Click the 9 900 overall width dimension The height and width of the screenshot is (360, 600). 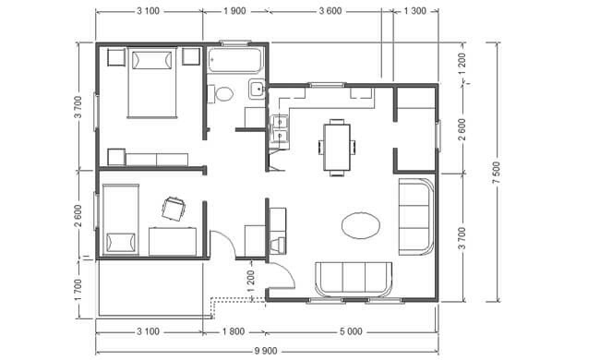click(x=266, y=351)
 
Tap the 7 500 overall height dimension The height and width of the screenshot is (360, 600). click(x=497, y=173)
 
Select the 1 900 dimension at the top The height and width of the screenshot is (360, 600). click(x=234, y=11)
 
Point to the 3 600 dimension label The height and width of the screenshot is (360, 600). click(x=330, y=11)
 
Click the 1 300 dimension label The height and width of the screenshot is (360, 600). click(x=415, y=11)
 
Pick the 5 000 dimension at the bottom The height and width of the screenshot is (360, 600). click(x=351, y=331)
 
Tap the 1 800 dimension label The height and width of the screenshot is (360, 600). click(x=234, y=331)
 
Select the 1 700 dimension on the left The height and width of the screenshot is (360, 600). click(x=78, y=290)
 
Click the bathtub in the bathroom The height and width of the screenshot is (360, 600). click(x=235, y=60)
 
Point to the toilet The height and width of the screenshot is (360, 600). click(x=221, y=94)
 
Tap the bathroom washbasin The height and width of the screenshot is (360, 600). click(x=257, y=90)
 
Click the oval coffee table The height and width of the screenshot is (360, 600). click(x=361, y=226)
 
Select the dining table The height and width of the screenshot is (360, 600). click(x=337, y=148)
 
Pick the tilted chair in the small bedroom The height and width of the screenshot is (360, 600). click(x=174, y=209)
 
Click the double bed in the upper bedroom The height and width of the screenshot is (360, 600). click(x=152, y=82)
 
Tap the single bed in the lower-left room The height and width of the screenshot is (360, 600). click(x=121, y=220)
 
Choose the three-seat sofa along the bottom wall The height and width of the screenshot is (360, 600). click(x=354, y=280)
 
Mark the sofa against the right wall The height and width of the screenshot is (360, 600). click(x=416, y=217)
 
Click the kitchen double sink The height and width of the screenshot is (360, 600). click(x=280, y=129)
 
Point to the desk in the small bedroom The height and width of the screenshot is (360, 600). click(x=173, y=242)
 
